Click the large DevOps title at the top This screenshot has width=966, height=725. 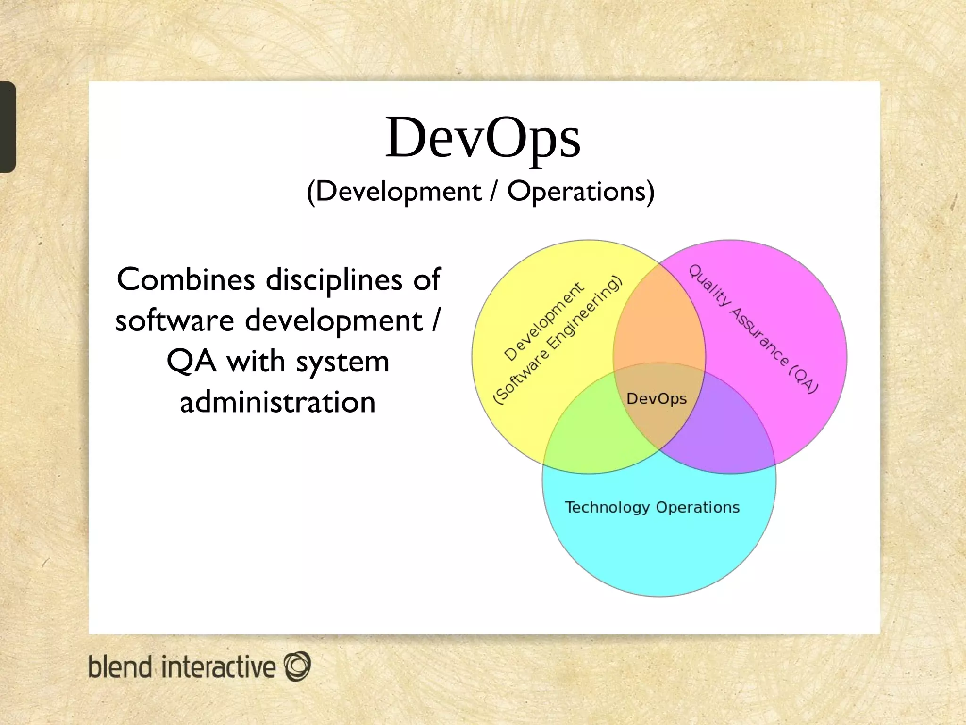click(x=483, y=138)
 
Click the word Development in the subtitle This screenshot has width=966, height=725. click(x=398, y=192)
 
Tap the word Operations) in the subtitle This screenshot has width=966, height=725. click(x=581, y=192)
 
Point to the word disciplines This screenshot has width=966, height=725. click(x=334, y=280)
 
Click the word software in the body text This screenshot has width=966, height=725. click(x=175, y=320)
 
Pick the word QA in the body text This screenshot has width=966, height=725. click(x=192, y=362)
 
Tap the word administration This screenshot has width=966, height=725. click(x=278, y=402)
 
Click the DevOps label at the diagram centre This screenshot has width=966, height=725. click(x=656, y=399)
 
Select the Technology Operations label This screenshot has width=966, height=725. click(x=652, y=507)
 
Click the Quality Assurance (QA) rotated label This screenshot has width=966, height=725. click(x=753, y=329)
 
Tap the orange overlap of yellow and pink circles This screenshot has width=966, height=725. click(x=659, y=321)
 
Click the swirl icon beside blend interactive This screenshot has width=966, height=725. click(x=297, y=666)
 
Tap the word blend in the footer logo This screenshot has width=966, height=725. click(x=120, y=667)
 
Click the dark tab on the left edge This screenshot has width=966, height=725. click(x=8, y=126)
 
